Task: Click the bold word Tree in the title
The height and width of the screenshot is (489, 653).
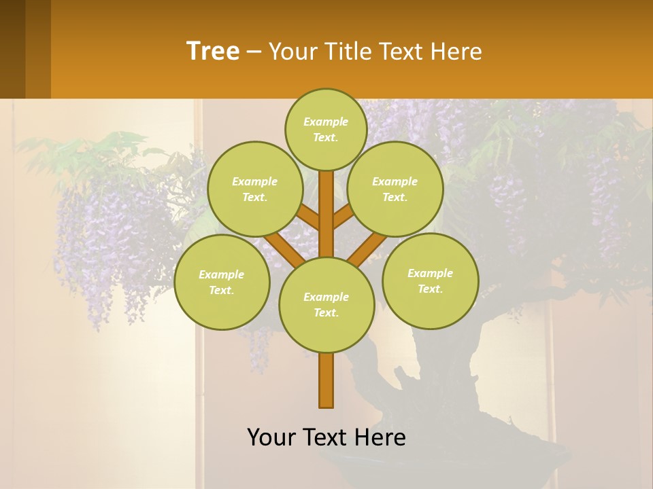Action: [213, 51]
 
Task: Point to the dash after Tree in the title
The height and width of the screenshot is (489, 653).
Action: [254, 52]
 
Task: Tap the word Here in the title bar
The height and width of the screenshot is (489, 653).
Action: [457, 52]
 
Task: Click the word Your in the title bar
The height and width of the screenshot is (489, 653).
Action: [292, 52]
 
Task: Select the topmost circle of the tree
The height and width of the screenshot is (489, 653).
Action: [326, 129]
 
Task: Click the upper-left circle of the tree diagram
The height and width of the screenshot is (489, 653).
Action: [254, 189]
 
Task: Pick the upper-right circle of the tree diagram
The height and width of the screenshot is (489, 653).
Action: [395, 189]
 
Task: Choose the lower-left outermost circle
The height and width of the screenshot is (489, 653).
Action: [222, 282]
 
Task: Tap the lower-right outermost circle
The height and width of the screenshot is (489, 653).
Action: [431, 280]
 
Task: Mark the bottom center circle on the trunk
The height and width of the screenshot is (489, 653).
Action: [326, 304]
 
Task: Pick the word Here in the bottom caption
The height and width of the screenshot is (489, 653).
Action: [381, 437]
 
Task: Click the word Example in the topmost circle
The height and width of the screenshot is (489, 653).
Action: [326, 122]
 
